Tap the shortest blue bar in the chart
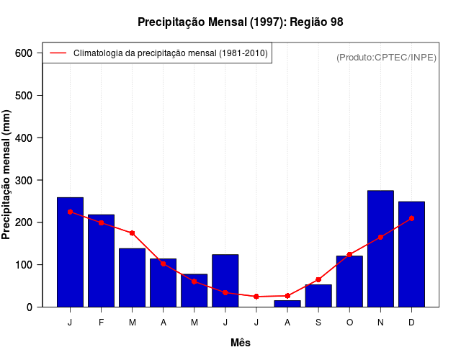click(287, 304)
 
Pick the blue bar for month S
click(318, 296)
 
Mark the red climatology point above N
click(380, 237)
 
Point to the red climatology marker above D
click(411, 218)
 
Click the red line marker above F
click(101, 222)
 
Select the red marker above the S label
click(318, 279)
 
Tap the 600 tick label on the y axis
click(24, 53)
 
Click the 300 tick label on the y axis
click(24, 180)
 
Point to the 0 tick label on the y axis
click(30, 307)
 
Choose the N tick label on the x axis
click(380, 323)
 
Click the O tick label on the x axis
click(349, 323)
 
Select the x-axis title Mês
click(241, 343)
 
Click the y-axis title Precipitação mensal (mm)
click(6, 175)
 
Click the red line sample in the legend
click(58, 53)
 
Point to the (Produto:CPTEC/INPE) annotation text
click(386, 57)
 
